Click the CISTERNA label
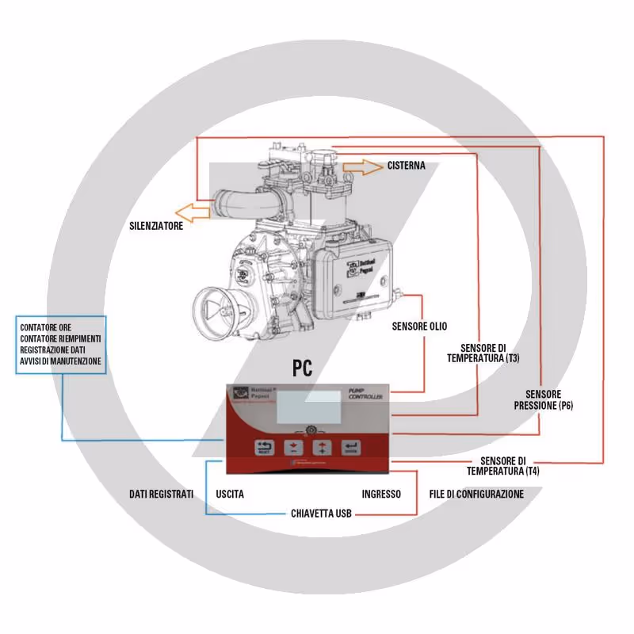pyautogui.click(x=407, y=166)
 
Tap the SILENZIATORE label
pyautogui.click(x=157, y=226)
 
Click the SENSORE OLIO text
pyautogui.click(x=419, y=326)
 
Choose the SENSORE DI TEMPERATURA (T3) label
pyautogui.click(x=483, y=353)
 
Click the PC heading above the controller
pyautogui.click(x=301, y=368)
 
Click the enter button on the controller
pyautogui.click(x=350, y=449)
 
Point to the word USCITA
pyautogui.click(x=230, y=494)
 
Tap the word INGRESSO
pyautogui.click(x=381, y=494)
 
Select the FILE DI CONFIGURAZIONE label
pyautogui.click(x=476, y=494)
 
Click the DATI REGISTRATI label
pyautogui.click(x=162, y=494)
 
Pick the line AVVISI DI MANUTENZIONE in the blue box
pyautogui.click(x=61, y=361)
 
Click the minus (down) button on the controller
pyautogui.click(x=294, y=448)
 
